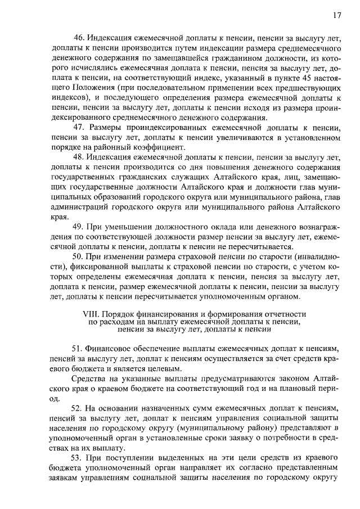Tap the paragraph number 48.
pos(78,157)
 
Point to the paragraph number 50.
pos(78,256)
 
